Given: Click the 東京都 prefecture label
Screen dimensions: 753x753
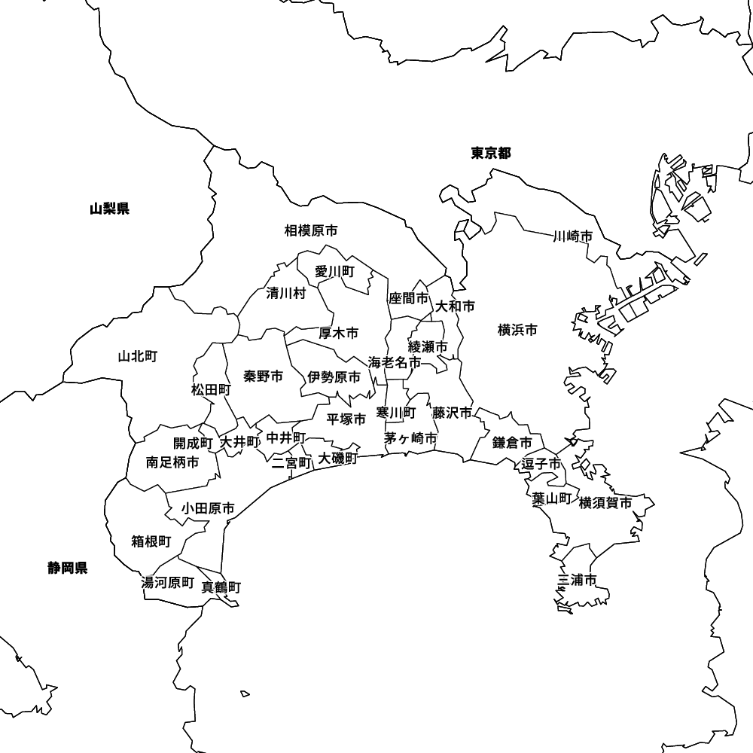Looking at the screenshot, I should [x=491, y=154].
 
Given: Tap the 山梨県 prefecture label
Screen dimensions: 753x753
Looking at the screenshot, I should [x=109, y=209].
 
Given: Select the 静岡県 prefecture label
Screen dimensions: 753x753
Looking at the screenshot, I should [x=68, y=569].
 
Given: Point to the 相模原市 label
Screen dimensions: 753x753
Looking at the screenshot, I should [x=311, y=230].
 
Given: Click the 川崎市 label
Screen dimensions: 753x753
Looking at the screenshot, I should [x=572, y=237].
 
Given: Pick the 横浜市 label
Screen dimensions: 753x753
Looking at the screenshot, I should [x=517, y=330].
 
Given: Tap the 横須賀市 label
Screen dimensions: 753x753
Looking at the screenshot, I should [x=605, y=503].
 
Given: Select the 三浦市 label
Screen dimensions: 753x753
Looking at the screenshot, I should [x=577, y=580].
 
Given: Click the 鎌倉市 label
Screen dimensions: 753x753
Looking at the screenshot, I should [x=512, y=443].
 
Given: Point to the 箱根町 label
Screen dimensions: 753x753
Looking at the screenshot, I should [x=151, y=541].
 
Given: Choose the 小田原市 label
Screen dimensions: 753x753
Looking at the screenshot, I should [x=207, y=509].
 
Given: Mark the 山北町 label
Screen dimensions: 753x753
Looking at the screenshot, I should [x=137, y=356].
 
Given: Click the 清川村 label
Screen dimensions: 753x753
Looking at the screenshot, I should [x=286, y=294].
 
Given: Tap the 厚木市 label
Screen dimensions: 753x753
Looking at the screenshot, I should [x=338, y=333].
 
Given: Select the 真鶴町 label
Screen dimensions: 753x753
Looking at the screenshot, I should [x=221, y=587].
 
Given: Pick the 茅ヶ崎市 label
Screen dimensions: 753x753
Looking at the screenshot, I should [x=410, y=438].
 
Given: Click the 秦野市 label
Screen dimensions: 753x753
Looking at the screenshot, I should [x=264, y=376].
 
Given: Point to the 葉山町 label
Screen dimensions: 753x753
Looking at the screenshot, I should [x=551, y=498].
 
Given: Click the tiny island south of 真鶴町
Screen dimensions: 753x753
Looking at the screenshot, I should [x=245, y=694].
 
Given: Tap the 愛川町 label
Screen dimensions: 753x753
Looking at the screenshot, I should [x=334, y=272].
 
